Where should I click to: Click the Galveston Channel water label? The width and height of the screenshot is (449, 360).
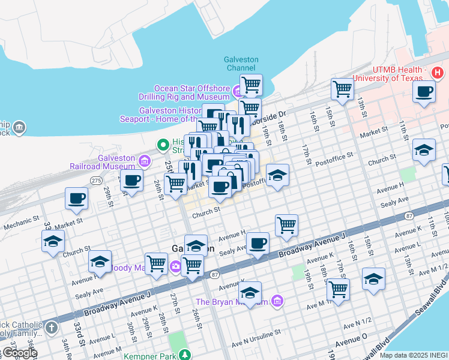[241, 64]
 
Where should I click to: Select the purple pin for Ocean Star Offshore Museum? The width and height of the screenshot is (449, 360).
[237, 92]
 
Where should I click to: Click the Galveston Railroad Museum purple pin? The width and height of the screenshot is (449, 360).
[144, 160]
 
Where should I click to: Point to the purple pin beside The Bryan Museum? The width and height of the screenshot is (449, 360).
[276, 301]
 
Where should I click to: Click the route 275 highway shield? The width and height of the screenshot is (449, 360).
[95, 179]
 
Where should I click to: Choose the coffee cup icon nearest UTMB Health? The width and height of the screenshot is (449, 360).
[424, 92]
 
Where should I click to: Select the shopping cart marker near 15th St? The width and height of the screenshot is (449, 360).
[342, 89]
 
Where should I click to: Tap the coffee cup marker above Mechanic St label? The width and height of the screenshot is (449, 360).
[77, 198]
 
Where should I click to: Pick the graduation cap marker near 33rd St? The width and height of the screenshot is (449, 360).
[53, 242]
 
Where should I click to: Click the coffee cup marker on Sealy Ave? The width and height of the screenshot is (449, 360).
[258, 244]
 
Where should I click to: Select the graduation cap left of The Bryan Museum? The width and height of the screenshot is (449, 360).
[250, 293]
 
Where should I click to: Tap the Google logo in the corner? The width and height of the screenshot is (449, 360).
[19, 353]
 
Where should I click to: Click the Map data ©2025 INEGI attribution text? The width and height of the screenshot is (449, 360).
[414, 355]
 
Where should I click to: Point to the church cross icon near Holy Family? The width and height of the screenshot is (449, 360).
[52, 328]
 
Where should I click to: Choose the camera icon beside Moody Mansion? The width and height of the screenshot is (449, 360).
[176, 266]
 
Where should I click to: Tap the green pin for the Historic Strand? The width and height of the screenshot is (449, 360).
[161, 145]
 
